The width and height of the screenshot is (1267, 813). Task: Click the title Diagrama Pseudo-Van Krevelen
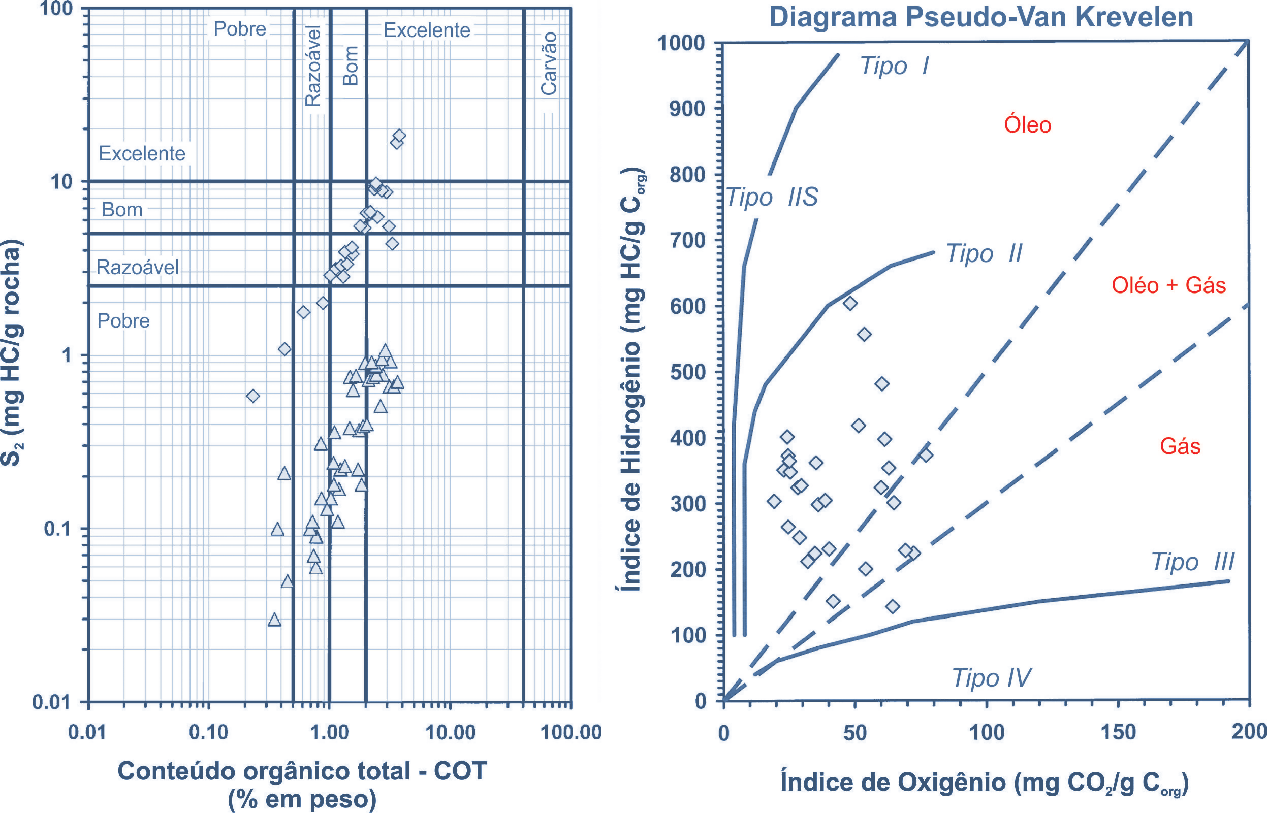tap(981, 17)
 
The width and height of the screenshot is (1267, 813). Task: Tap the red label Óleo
tap(1027, 125)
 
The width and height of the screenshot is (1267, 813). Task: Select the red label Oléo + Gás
tap(1168, 285)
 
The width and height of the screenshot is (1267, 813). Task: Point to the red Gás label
tap(1180, 446)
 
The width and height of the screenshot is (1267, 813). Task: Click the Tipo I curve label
tap(894, 66)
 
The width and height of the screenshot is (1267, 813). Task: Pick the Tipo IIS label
tap(772, 198)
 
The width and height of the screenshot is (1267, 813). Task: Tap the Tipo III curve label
tap(1192, 562)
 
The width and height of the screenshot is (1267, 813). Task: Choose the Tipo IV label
tap(991, 678)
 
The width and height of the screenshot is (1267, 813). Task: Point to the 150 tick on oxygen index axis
tap(1118, 733)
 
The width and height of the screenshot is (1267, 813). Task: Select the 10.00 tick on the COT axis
tap(450, 733)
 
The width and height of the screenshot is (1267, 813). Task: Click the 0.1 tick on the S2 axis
tap(58, 529)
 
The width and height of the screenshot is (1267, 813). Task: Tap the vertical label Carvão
tap(549, 63)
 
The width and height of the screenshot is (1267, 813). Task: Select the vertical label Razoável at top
tap(313, 66)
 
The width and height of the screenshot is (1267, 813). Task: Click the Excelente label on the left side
tap(142, 154)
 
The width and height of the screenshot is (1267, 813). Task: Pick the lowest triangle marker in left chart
tap(274, 621)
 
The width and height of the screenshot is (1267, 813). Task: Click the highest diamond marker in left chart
tap(399, 136)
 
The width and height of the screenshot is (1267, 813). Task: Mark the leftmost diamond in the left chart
tap(253, 396)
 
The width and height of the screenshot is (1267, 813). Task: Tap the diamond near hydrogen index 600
tap(850, 303)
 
